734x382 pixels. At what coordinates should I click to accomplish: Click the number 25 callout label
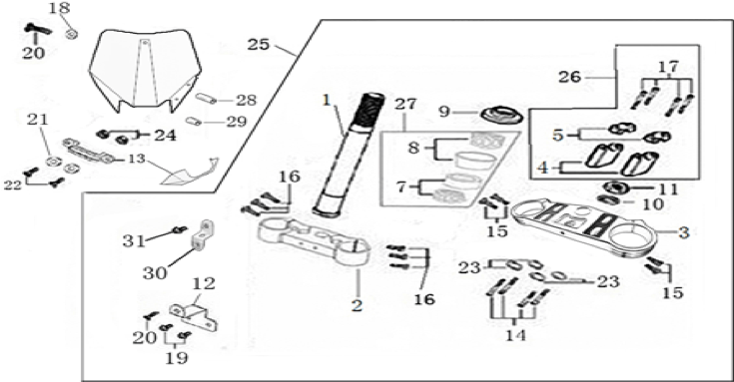[x=259, y=45]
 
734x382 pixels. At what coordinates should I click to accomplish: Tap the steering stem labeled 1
[x=348, y=155]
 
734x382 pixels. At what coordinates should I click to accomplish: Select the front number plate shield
[x=146, y=70]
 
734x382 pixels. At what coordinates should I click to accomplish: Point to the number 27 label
[x=404, y=104]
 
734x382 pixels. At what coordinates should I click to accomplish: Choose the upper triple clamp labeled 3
[x=584, y=226]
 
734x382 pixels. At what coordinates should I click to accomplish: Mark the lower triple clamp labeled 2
[x=315, y=242]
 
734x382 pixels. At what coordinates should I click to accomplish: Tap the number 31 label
[x=135, y=241]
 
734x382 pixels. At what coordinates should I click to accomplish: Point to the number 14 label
[x=515, y=335]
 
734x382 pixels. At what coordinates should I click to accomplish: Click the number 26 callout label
[x=570, y=76]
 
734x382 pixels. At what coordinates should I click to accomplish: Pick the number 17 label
[x=669, y=67]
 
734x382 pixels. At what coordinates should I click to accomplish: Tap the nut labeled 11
[x=613, y=188]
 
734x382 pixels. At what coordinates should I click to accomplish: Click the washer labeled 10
[x=609, y=200]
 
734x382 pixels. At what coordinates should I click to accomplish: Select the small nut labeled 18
[x=72, y=34]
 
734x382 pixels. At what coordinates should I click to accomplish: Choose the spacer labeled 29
[x=194, y=121]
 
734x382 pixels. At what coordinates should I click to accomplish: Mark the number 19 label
[x=176, y=358]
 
